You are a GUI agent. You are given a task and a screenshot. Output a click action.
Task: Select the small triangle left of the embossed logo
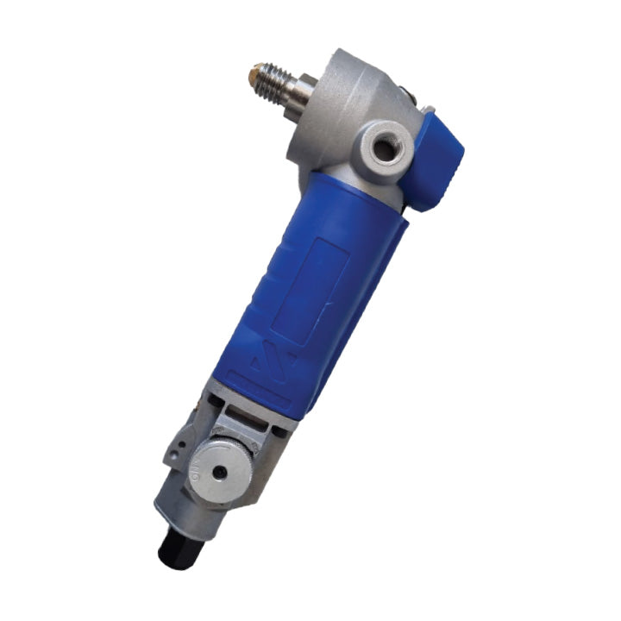[250, 362]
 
